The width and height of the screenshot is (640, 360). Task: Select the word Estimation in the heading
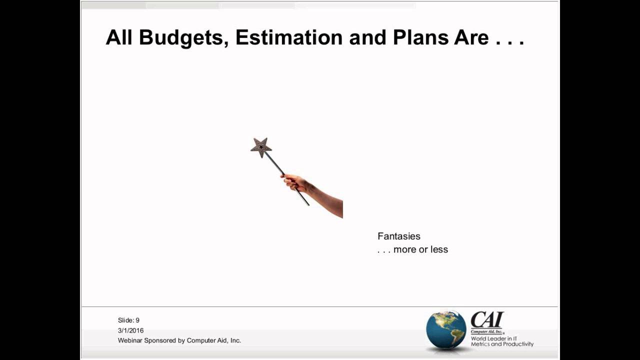click(x=289, y=37)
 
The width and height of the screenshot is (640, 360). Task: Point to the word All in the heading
click(x=119, y=37)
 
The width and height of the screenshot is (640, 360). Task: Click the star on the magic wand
click(x=261, y=147)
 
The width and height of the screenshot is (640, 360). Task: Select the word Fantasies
click(x=398, y=236)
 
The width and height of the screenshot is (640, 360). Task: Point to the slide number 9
click(x=137, y=320)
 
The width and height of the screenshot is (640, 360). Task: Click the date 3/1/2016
click(x=130, y=330)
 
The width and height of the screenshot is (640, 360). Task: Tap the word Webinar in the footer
click(x=130, y=340)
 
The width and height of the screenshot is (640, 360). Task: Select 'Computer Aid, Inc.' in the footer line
click(x=214, y=340)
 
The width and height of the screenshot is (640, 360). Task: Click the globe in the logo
click(x=445, y=329)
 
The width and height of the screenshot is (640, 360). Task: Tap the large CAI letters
click(x=487, y=320)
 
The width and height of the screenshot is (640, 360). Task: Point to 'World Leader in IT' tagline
click(x=494, y=338)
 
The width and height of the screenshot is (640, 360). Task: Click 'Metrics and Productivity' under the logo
click(x=502, y=344)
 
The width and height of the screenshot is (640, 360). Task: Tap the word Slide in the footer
click(x=125, y=320)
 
